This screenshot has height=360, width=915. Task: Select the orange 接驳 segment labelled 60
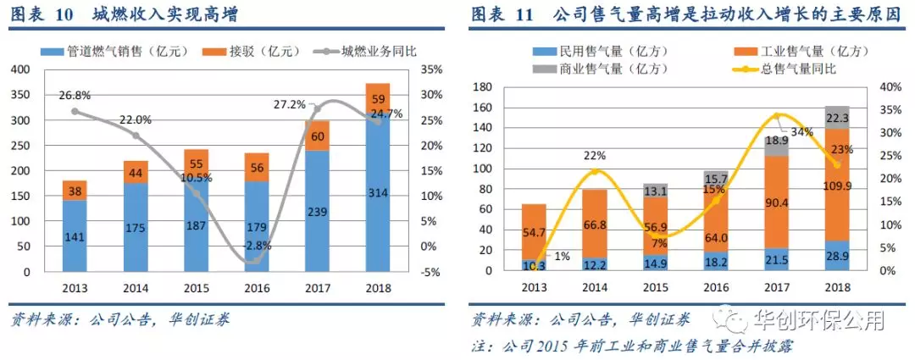point(317,136)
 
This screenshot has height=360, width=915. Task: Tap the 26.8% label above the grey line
point(75,96)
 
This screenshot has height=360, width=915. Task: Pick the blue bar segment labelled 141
point(75,236)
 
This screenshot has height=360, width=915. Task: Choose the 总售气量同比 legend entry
point(793,68)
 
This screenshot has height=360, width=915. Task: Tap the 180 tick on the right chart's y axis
point(483,87)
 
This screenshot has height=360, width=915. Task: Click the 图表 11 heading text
point(502,14)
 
